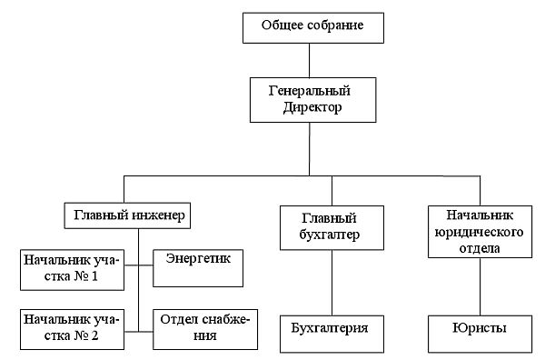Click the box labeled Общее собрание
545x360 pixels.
pos(313,28)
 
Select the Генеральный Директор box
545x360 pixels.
pos(312,100)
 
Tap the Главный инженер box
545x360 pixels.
pos(127,215)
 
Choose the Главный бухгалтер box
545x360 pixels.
pos(332,228)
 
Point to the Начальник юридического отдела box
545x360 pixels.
pos(480,232)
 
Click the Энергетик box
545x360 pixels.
pos(198,268)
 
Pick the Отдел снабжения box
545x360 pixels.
pos(205,329)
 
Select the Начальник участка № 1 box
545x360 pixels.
pos(73,270)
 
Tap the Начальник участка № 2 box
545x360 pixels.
pos(73,329)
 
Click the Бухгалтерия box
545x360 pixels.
pos(332,335)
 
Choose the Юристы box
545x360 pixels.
pos(480,335)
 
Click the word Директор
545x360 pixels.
pos(312,107)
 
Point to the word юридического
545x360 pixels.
pos(479,233)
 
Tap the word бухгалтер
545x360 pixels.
pos(329,235)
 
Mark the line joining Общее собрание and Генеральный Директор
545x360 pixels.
pos(310,61)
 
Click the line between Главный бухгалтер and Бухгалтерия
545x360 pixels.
pos(332,283)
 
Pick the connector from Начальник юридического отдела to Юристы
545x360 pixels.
pos(480,286)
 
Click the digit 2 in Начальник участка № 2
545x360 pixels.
pos(94,336)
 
